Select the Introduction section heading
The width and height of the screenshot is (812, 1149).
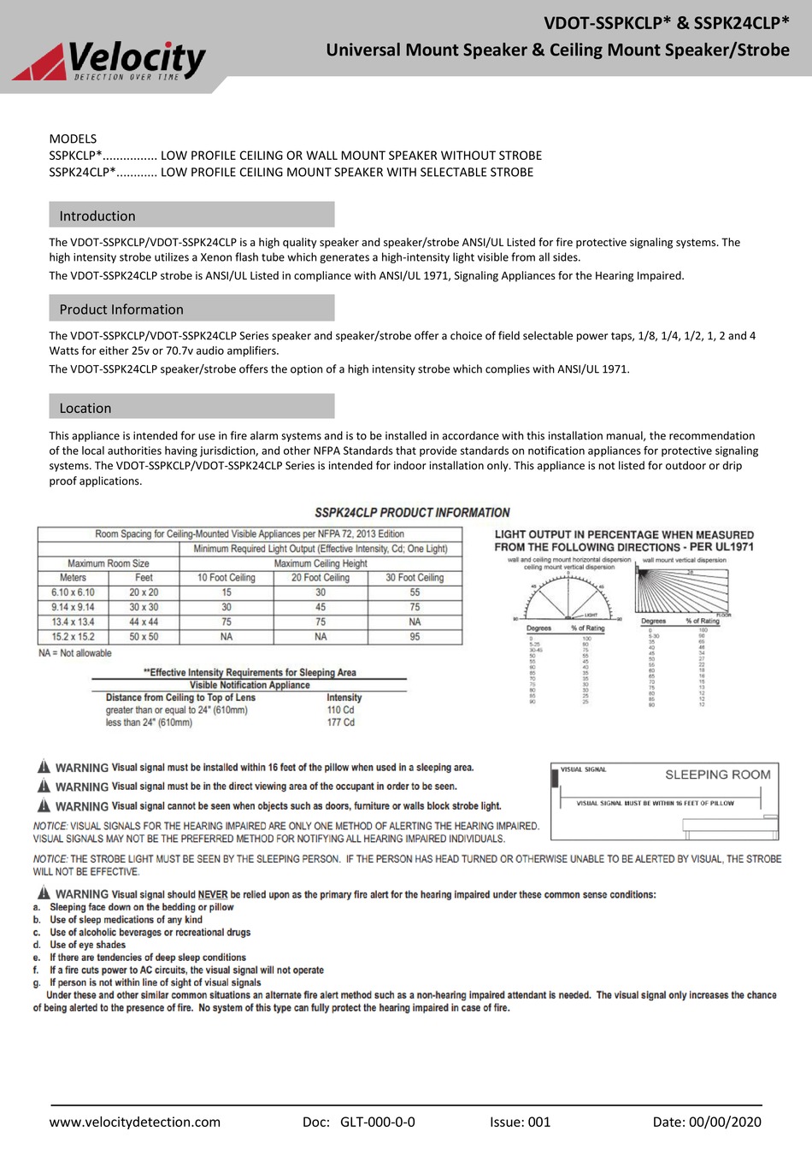(97, 216)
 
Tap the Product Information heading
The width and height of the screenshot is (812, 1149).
(121, 309)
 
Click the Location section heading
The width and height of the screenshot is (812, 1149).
(85, 408)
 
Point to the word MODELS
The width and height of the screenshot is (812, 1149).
(73, 138)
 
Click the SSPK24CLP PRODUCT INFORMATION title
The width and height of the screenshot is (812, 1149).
(412, 513)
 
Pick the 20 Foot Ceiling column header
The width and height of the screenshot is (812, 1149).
(321, 578)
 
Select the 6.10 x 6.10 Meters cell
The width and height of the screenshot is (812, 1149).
(73, 592)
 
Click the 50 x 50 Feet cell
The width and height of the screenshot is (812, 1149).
(144, 637)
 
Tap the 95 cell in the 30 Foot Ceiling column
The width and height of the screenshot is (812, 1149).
(415, 637)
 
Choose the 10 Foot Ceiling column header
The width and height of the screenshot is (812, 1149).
(227, 578)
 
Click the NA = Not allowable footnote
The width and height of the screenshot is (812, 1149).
(75, 653)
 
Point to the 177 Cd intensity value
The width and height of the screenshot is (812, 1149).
(340, 722)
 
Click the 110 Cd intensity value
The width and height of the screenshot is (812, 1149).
(340, 710)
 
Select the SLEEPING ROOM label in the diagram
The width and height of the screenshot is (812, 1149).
(717, 775)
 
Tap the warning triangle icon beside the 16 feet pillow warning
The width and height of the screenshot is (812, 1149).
(44, 766)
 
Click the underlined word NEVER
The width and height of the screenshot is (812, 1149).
(213, 894)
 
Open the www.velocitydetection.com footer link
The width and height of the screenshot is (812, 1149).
(134, 1122)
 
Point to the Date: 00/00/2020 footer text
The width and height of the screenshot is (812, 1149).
(706, 1122)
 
